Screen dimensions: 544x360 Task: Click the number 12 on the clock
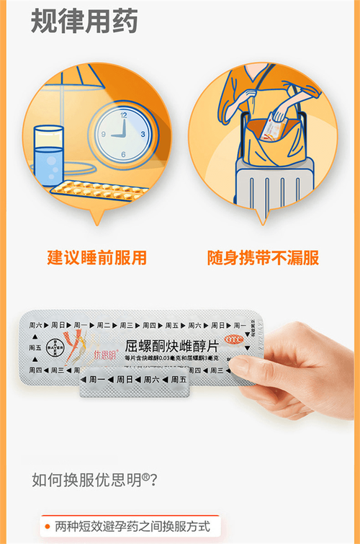[x=124, y=115]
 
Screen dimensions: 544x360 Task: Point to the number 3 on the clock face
[x=143, y=134]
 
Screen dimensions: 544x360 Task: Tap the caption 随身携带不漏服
[x=263, y=257]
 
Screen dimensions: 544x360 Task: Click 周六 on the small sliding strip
[x=150, y=379]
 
